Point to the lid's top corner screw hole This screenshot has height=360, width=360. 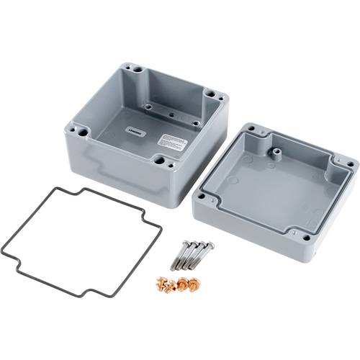pyautogui.click(x=252, y=131)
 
